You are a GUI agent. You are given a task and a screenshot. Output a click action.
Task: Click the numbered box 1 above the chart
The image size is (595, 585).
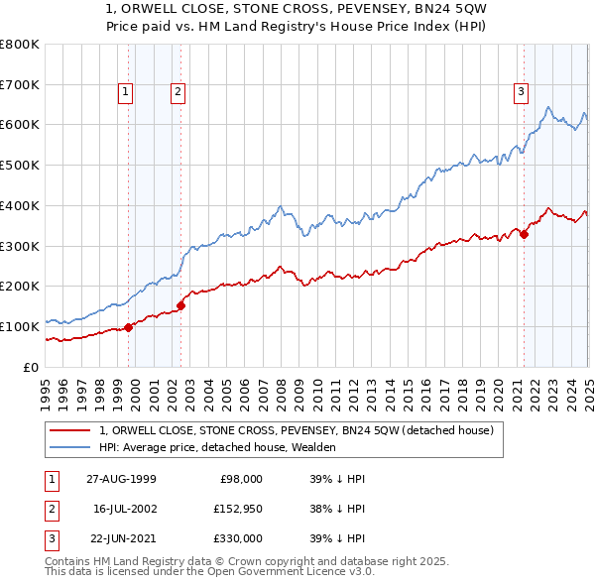pos(126,93)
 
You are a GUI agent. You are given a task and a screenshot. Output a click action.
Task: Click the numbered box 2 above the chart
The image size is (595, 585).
pos(178,93)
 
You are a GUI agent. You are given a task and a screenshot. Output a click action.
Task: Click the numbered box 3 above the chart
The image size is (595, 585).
pos(521,93)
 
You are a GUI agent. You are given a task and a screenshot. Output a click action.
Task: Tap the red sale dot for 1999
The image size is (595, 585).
pos(129,327)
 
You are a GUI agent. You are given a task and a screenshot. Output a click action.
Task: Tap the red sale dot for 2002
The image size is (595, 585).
pos(181,305)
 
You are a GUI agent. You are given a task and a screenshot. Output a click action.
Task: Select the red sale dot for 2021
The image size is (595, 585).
pos(524,234)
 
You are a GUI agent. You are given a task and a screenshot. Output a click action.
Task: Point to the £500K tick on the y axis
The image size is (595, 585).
pos(21,165)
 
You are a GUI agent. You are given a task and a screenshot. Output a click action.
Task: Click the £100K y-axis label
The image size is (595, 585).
pos(21,326)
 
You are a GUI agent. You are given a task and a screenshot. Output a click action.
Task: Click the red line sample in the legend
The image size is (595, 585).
pos(69,430)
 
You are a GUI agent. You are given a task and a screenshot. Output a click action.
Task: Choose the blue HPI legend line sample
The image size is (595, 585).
pos(69,447)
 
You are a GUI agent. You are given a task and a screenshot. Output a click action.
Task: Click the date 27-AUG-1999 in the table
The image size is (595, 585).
pos(120,479)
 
